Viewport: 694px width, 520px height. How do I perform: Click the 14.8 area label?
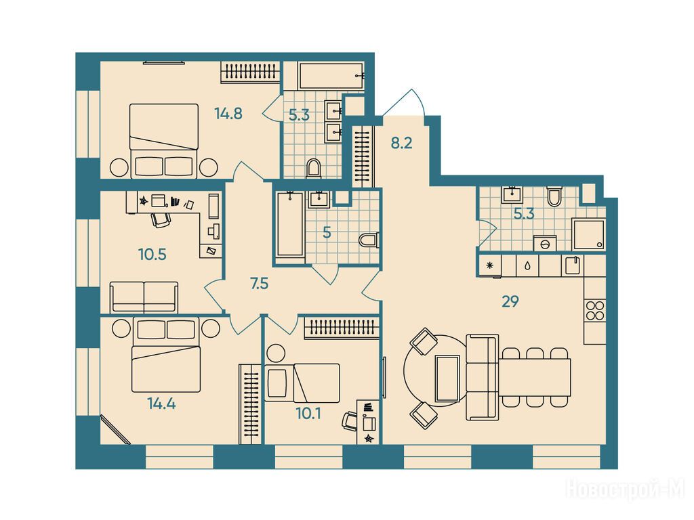(x=228, y=114)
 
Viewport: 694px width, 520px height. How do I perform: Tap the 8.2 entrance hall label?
(x=401, y=143)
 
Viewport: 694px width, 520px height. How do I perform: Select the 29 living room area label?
(x=510, y=301)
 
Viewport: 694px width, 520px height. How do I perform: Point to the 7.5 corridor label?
(x=259, y=284)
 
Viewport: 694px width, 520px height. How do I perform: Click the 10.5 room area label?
(x=152, y=255)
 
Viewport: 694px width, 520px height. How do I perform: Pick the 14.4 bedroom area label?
(x=161, y=404)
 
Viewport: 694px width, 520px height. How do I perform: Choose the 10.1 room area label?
(x=308, y=414)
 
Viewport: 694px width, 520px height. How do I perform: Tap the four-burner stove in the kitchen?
(x=595, y=310)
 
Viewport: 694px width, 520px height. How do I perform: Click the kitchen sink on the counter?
(x=573, y=265)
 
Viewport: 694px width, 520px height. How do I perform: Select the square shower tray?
(x=589, y=234)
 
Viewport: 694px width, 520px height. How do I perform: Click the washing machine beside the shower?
(x=546, y=244)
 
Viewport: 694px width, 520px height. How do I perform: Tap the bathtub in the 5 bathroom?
(x=290, y=224)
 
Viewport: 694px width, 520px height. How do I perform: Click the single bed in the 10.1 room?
(x=302, y=383)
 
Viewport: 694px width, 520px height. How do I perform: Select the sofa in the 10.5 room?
(x=144, y=297)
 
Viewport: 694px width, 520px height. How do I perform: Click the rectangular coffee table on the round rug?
(x=447, y=378)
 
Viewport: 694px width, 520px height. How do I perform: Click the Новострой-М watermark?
(x=626, y=489)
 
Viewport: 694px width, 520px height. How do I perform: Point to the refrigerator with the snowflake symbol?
(x=491, y=265)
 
